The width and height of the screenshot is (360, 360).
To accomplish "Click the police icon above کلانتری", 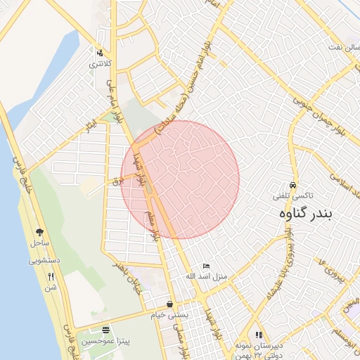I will pyautogui.click(x=101, y=52).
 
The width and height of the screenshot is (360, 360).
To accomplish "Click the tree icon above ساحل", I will pyautogui.click(x=39, y=231).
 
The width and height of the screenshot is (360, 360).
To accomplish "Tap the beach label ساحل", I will pyautogui.click(x=39, y=243).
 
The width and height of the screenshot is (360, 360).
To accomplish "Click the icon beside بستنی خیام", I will pyautogui.click(x=171, y=304).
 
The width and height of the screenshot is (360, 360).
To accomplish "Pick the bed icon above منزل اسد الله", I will pyautogui.click(x=205, y=266).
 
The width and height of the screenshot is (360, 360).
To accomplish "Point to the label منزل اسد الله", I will pyautogui.click(x=205, y=277).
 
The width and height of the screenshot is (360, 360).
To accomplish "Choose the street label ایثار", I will pyautogui.click(x=90, y=127).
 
